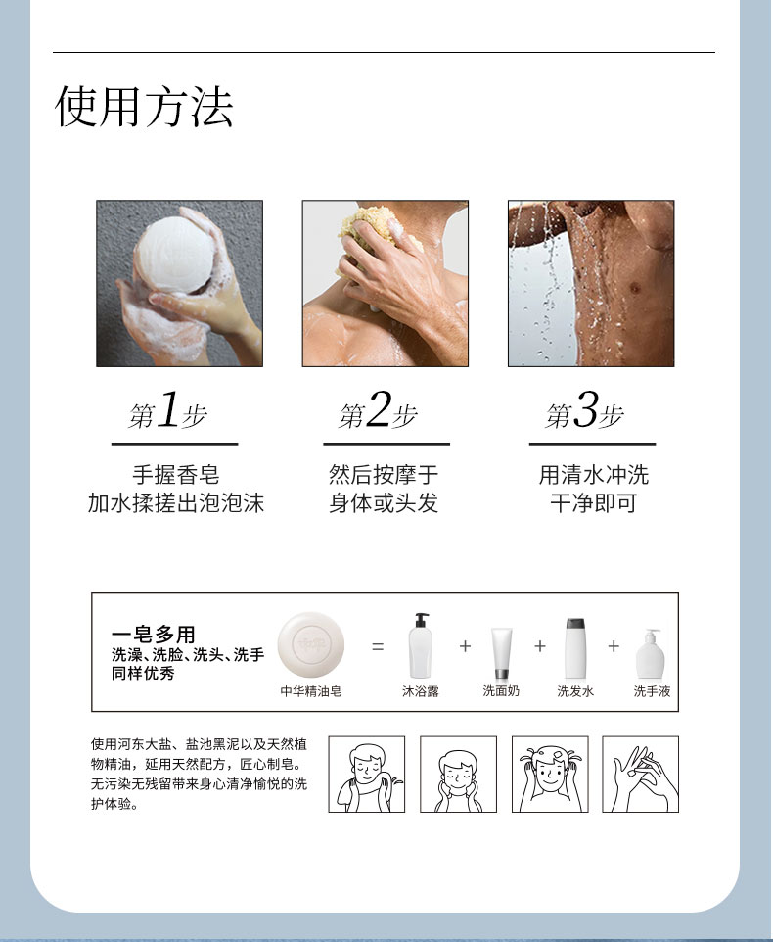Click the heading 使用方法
point(144,107)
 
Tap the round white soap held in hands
point(174,255)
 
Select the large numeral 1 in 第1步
point(168,409)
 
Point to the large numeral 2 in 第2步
point(379,409)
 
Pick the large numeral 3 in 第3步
point(586,409)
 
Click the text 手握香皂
point(176,475)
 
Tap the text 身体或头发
point(384,503)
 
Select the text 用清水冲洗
point(594,475)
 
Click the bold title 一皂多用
point(154,634)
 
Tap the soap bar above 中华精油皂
point(311,644)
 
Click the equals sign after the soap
point(378,646)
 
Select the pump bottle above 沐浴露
point(420,646)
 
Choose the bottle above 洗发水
point(575,649)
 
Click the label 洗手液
point(652,691)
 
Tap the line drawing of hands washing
point(640,775)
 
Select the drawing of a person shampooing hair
point(550,775)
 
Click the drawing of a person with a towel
point(367,775)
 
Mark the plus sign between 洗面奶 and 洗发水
point(540,646)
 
